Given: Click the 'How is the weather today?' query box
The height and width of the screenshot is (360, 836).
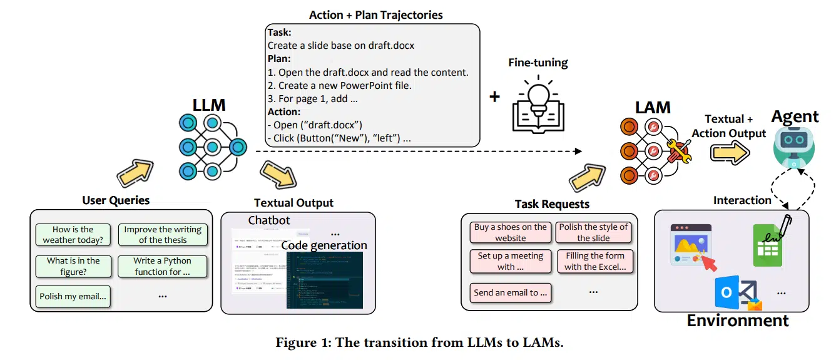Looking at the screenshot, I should pos(73,235).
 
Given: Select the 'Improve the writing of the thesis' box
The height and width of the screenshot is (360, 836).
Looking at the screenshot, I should pos(163,235).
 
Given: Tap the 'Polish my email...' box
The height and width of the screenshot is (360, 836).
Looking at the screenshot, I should pos(73,296).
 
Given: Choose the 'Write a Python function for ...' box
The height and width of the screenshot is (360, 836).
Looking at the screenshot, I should pos(163,266).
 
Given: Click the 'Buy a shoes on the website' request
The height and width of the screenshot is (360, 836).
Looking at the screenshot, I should pos(510,232).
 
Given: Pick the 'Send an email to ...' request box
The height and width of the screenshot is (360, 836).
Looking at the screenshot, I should pos(510,292).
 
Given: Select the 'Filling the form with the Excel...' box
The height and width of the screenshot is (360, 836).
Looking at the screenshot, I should pos(595,262).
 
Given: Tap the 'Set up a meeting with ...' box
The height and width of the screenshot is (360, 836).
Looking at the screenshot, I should pos(510,262).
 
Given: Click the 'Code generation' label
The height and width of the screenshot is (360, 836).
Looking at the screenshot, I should pos(324,245).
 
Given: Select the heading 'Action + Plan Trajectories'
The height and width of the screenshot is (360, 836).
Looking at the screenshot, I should pos(375,15).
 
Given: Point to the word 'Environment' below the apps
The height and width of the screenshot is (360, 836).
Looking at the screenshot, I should pos(738,321).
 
